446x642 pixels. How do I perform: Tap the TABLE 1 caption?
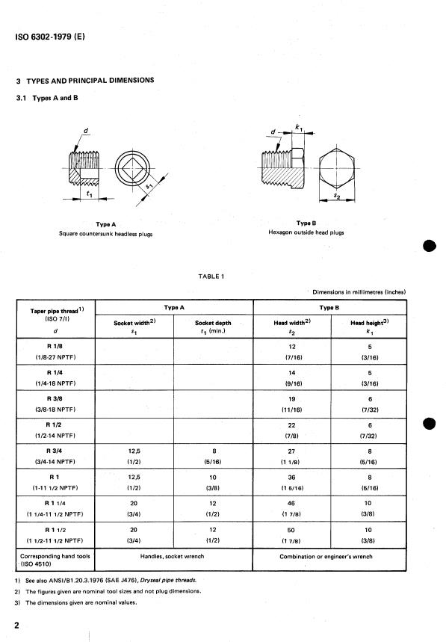(x=212, y=276)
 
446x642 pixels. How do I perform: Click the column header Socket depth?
(x=213, y=323)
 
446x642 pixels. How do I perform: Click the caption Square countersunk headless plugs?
(x=105, y=233)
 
